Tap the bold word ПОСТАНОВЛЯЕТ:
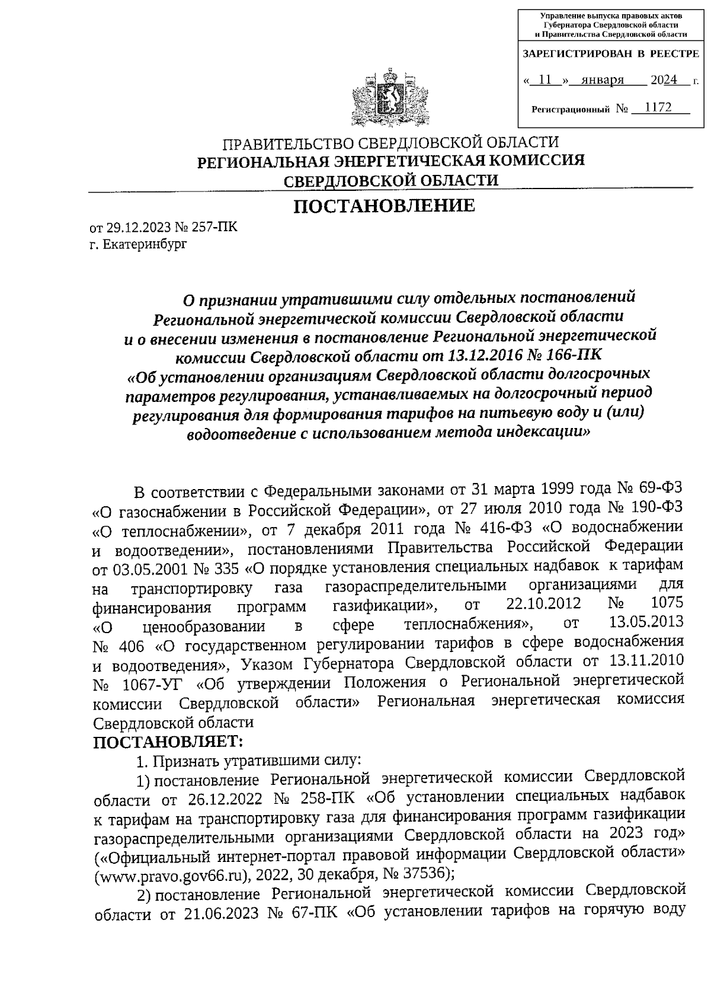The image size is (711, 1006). (x=169, y=742)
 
